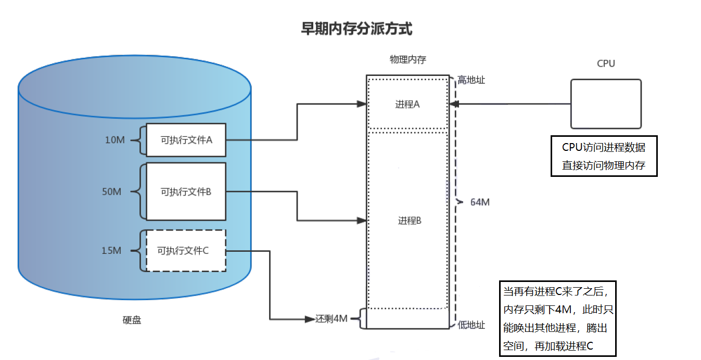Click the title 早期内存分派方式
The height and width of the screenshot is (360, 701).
click(356, 29)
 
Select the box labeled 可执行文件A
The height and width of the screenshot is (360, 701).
click(186, 140)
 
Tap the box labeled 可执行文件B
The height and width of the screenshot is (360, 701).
click(186, 191)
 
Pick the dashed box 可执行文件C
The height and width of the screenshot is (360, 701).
click(186, 251)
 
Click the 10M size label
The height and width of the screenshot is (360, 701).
click(114, 140)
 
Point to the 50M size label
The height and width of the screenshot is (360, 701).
click(111, 191)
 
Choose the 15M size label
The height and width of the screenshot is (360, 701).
click(111, 251)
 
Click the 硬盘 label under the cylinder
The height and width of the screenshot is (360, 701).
click(132, 320)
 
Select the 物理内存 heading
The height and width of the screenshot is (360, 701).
click(407, 59)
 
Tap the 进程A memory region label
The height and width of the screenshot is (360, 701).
click(407, 104)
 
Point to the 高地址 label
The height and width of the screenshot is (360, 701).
click(471, 80)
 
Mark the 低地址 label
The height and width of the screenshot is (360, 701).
click(471, 325)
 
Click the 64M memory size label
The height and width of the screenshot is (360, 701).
click(479, 202)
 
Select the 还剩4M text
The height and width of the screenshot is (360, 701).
click(332, 318)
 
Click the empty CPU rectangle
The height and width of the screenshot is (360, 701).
click(606, 104)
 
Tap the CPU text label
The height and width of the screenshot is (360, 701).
click(606, 63)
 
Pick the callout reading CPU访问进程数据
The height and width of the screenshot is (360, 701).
click(604, 157)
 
